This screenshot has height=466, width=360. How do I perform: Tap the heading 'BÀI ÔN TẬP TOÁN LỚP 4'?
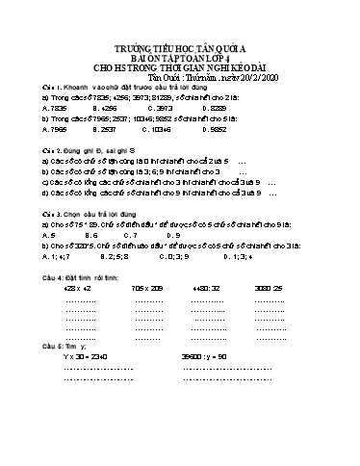(180, 65)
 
